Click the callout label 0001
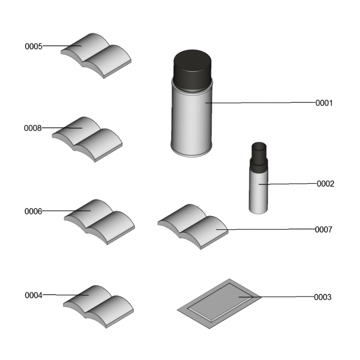[x=324, y=103]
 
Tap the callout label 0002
[x=325, y=184]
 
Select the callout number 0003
[x=323, y=297]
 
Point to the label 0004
[x=33, y=295]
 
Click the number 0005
[x=33, y=46]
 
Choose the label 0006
[x=33, y=211]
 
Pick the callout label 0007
[x=324, y=229]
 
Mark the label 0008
[x=32, y=128]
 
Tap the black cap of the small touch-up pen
[x=259, y=157]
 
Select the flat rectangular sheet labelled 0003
[x=219, y=303]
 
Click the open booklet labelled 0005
[x=96, y=56]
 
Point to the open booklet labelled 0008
[x=87, y=139]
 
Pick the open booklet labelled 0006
[x=99, y=222]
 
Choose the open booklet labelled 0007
[x=193, y=227]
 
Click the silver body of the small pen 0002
[x=258, y=192]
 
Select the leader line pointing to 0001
[x=261, y=103]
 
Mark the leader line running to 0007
[x=265, y=229]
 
